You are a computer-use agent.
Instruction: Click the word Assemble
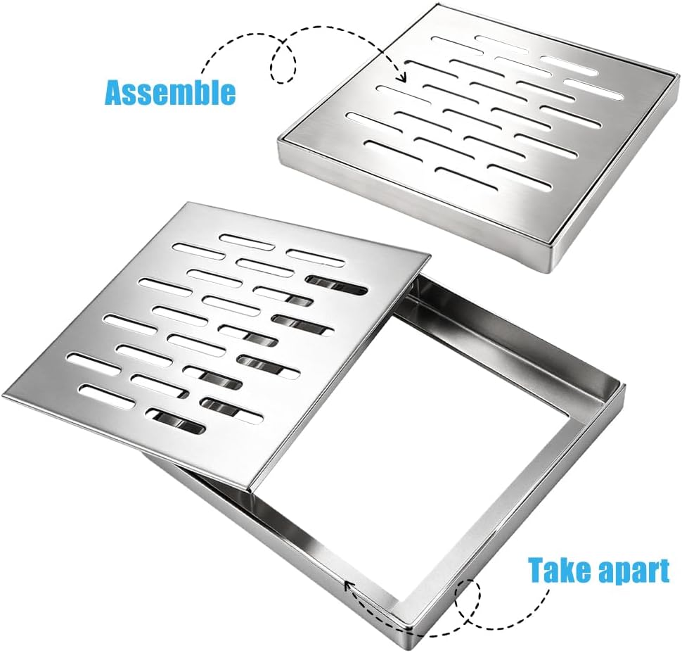click(170, 91)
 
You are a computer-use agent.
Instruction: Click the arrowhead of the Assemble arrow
click(403, 77)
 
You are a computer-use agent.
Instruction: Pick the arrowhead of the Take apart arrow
click(349, 585)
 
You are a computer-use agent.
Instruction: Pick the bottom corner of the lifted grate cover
click(252, 492)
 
